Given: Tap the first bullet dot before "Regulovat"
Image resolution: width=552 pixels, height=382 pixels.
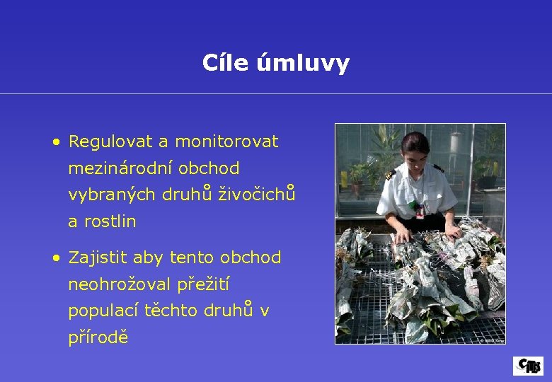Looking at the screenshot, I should pos(56,142).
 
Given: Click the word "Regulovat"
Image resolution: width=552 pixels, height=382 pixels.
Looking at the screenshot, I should pos(110,142).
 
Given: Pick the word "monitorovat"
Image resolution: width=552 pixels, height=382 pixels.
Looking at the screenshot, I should pos(226,142).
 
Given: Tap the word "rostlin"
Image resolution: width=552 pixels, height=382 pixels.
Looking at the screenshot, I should pos(110,221).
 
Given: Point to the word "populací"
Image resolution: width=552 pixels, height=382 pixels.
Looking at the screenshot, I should pos(103,311).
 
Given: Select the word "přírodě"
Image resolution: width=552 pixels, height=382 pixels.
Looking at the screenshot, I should pos(98,337).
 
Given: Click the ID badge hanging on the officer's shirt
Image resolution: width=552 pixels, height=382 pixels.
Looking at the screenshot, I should pos(420,210).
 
